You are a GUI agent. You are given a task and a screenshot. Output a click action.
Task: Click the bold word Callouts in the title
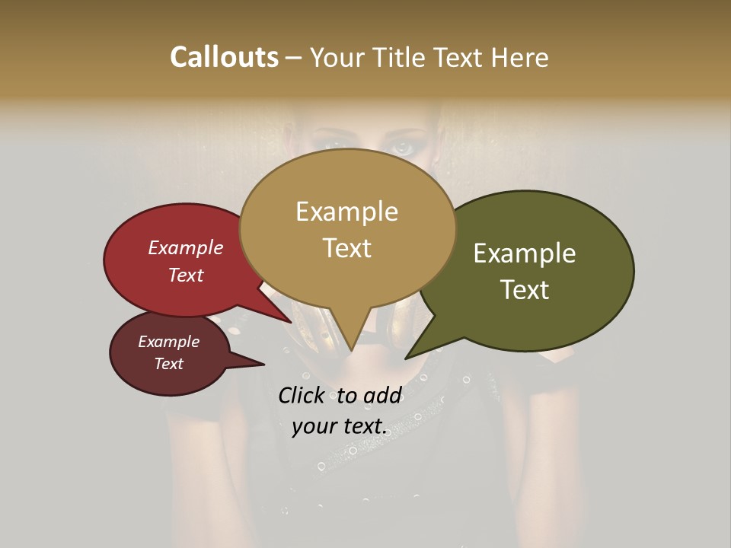pos(224,57)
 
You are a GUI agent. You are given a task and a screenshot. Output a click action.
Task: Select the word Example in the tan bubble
pos(346,212)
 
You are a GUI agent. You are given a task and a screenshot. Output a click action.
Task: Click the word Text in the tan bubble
pos(346,248)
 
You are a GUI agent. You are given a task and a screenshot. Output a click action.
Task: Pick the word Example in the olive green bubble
pos(525,253)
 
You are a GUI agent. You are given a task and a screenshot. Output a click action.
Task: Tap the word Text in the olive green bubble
pos(525,290)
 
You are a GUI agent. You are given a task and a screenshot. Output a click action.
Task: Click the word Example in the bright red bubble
pos(186,248)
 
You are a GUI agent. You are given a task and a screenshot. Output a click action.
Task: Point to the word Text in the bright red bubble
pos(186,276)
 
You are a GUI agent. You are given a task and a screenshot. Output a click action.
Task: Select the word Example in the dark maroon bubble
pos(168,342)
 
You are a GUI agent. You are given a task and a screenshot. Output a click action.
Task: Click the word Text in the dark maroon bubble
pos(168,364)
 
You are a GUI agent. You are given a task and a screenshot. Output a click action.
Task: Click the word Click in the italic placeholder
pos(303,396)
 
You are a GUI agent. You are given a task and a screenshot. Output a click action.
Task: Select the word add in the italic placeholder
pos(383,396)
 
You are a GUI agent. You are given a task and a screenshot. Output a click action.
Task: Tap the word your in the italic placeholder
pos(314,427)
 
